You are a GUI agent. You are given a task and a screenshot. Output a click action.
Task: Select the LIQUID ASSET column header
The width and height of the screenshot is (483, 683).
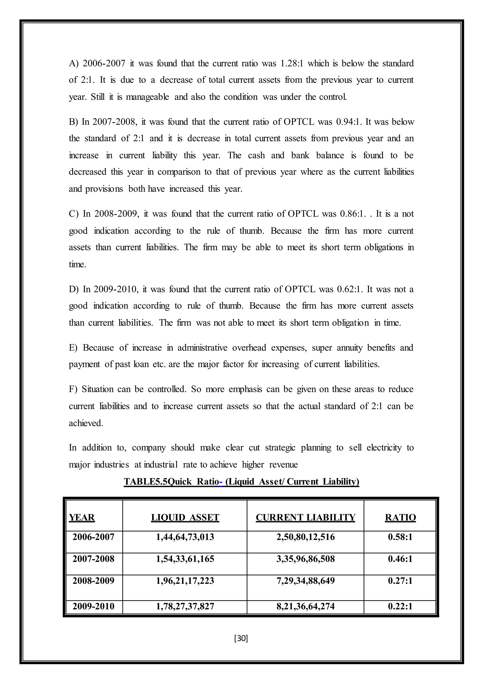coord(185,517)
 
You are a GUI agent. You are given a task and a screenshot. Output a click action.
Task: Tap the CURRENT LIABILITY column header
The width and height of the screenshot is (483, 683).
coord(305,517)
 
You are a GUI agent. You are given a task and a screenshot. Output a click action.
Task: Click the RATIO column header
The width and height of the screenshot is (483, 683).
coord(400,517)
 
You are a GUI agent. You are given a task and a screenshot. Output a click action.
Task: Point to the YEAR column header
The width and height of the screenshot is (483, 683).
coord(82,517)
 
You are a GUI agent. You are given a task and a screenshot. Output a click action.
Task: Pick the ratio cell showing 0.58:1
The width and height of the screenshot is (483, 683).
coord(400,537)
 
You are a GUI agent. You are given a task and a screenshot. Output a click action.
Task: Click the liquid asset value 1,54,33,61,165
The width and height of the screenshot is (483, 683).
coord(185,559)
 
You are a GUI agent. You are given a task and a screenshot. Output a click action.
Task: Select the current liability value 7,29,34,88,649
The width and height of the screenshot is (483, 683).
coord(305,580)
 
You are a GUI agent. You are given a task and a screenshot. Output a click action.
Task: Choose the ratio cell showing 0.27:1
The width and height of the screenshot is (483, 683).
coord(400,580)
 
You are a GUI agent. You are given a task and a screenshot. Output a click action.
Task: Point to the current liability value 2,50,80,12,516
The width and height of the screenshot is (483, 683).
coord(305,537)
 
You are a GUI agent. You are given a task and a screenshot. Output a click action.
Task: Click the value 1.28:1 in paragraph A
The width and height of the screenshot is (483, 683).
coord(292,63)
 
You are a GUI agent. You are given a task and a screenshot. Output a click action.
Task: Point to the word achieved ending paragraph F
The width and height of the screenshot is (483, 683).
coord(86,423)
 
